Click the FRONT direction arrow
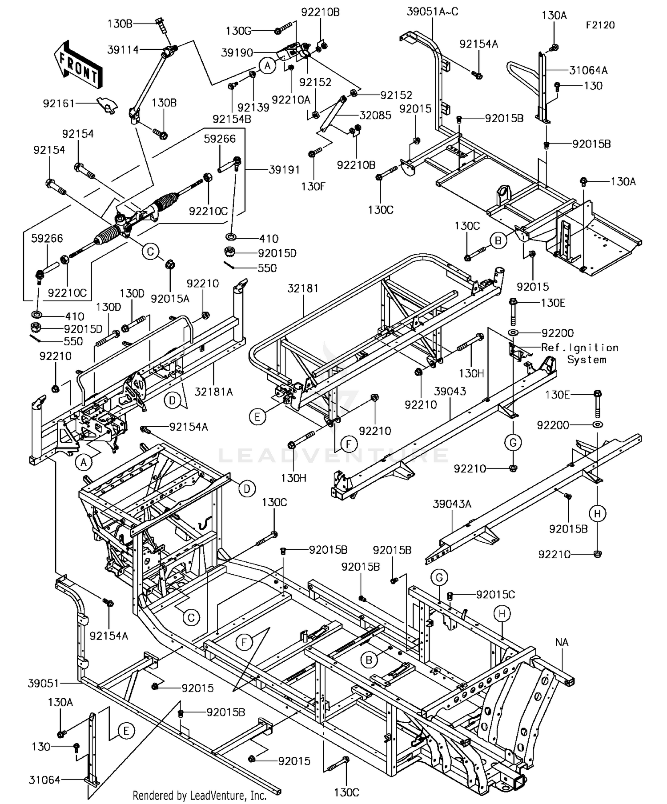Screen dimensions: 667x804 [78, 64]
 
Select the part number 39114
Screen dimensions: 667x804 [123, 50]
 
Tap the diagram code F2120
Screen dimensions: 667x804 [600, 25]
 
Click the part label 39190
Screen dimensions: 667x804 [237, 53]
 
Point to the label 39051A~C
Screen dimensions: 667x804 [432, 12]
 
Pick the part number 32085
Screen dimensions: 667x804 [375, 115]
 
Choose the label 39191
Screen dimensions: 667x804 [284, 170]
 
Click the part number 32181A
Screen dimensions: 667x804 [213, 392]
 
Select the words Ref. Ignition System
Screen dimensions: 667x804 [579, 353]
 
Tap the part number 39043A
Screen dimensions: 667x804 [452, 504]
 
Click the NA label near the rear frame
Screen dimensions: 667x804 [562, 642]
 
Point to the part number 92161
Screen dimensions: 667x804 [59, 103]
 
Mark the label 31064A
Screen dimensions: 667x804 [588, 70]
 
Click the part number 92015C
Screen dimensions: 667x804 [495, 594]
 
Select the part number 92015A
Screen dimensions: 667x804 [170, 299]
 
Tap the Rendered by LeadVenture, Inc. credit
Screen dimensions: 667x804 [200, 795]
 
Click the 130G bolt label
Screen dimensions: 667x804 [238, 31]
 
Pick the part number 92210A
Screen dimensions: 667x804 [291, 100]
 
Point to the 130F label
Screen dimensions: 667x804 [313, 186]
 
